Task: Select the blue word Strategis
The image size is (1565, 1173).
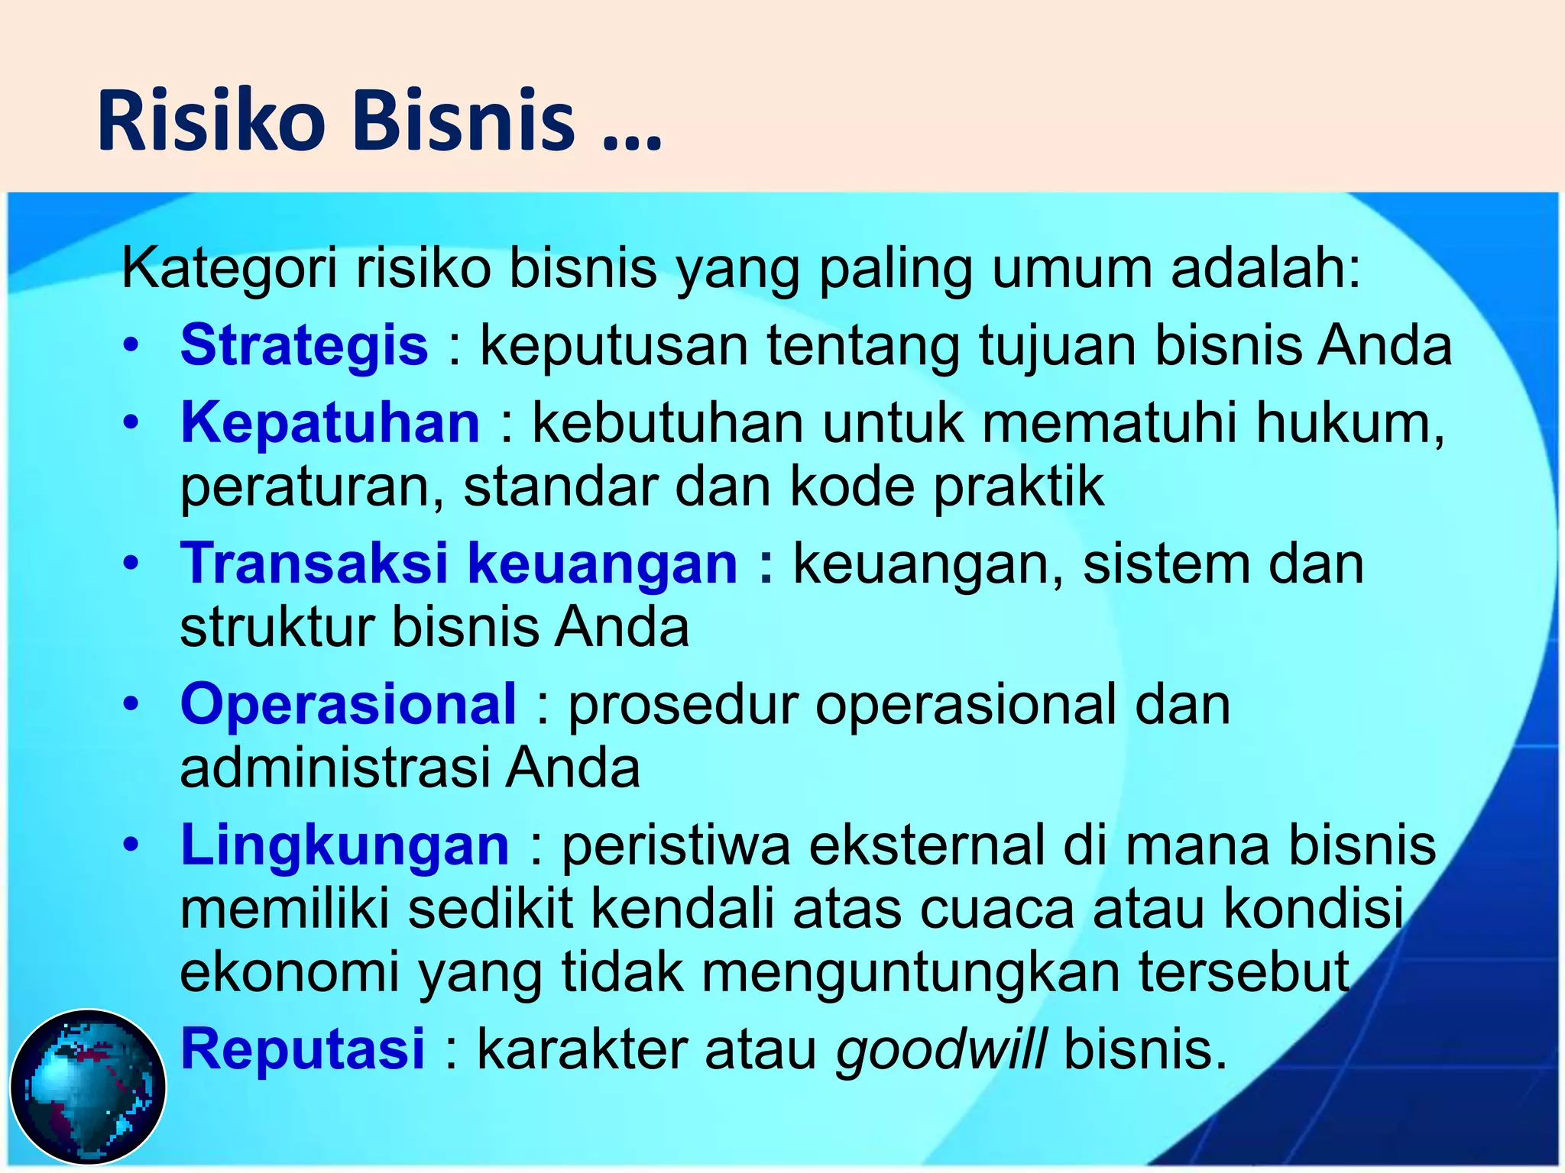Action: (x=303, y=345)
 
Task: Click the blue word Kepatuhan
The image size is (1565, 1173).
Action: (x=329, y=423)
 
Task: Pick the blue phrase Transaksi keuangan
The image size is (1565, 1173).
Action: (x=458, y=564)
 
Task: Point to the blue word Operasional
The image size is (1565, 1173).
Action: (x=348, y=704)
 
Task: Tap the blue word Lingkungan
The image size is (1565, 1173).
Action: (x=344, y=845)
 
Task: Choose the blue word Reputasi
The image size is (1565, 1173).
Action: (x=302, y=1049)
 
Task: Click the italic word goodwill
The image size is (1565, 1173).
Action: (x=941, y=1050)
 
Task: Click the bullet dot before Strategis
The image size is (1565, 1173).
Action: (x=131, y=346)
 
